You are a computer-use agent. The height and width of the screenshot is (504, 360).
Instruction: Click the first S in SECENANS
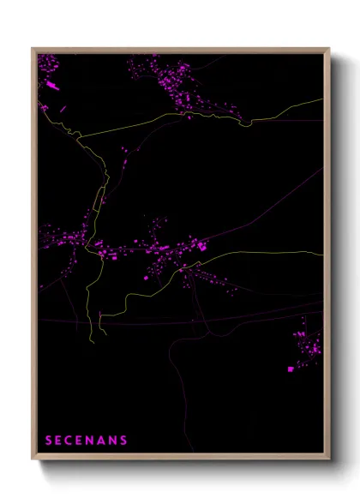point(49,441)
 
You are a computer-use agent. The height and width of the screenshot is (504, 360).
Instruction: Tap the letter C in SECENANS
point(71,441)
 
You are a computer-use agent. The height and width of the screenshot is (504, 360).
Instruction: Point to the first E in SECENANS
point(60,441)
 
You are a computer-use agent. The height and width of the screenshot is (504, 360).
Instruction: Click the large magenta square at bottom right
point(291,369)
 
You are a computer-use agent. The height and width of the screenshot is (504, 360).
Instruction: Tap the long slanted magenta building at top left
point(52,86)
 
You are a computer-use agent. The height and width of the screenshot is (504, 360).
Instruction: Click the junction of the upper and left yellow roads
point(79,136)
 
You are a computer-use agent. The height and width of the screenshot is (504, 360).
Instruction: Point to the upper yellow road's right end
point(323,99)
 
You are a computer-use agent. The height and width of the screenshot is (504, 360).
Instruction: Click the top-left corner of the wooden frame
point(32,48)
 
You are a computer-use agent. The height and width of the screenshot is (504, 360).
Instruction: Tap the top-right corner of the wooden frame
point(330,48)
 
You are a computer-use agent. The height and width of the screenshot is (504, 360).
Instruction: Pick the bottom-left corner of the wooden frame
point(32,460)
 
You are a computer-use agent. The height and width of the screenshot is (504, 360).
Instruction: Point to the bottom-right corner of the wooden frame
point(330,460)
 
